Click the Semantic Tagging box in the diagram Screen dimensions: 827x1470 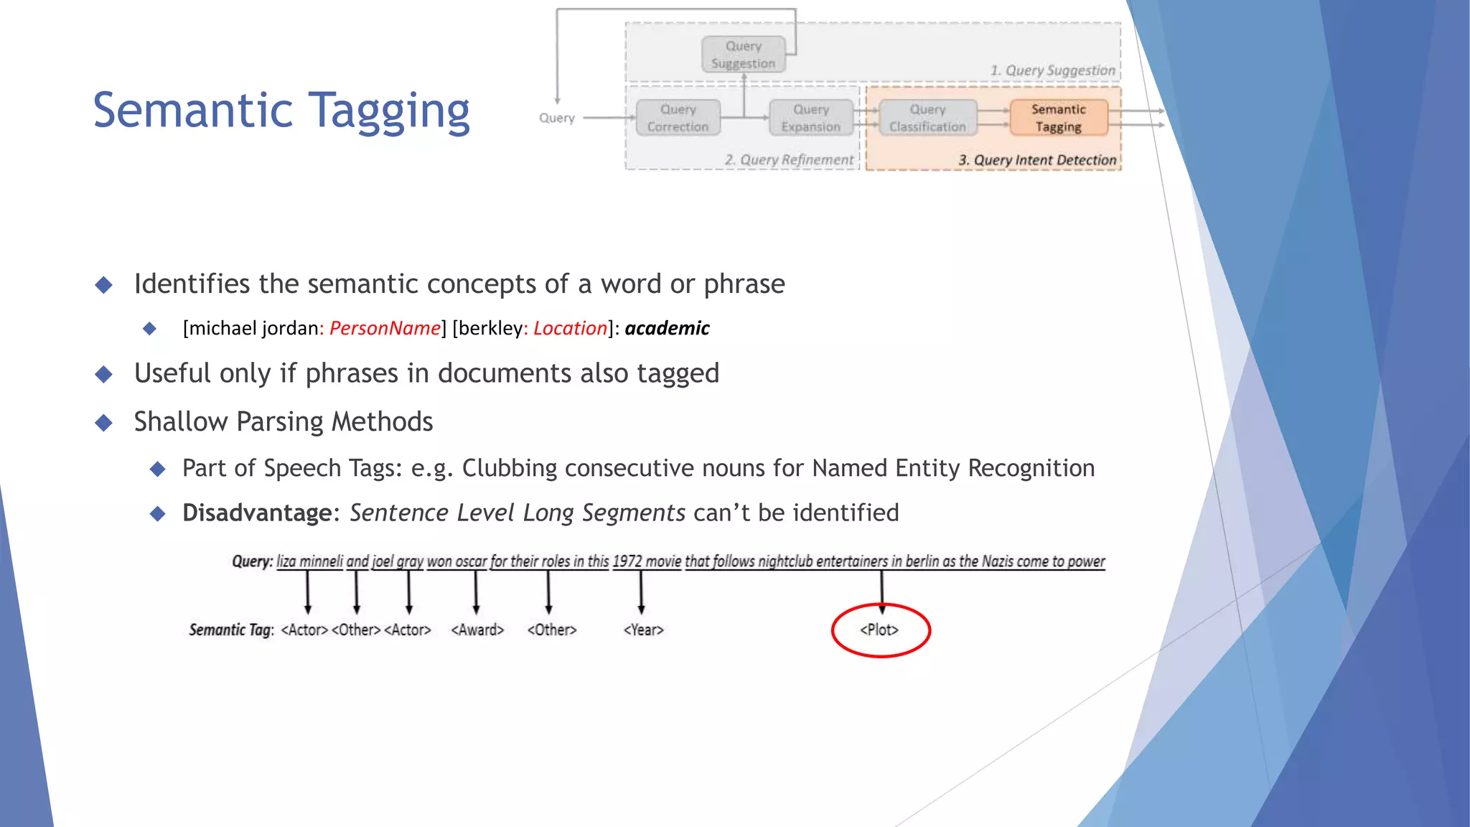click(x=1058, y=118)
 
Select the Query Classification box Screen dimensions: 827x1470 click(x=927, y=118)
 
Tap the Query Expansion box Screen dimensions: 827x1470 click(x=810, y=118)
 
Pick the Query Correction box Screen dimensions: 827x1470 click(x=678, y=118)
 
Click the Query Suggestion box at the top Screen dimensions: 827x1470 click(x=743, y=55)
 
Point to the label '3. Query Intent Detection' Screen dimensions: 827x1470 click(x=1036, y=160)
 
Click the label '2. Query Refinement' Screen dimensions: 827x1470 click(x=789, y=160)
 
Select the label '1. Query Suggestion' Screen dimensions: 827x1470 click(x=1052, y=70)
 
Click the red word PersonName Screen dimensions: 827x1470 click(x=385, y=329)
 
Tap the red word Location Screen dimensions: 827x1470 click(x=570, y=329)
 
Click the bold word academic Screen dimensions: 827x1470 click(x=667, y=329)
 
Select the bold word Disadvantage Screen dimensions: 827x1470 click(x=256, y=513)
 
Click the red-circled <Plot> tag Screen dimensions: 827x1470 click(x=880, y=630)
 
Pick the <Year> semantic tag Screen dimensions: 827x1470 click(x=643, y=630)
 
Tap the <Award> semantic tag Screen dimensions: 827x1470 click(x=477, y=630)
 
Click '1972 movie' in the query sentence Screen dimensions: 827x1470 click(x=646, y=561)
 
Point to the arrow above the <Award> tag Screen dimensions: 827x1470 click(x=476, y=592)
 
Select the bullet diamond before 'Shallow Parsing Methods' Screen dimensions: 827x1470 click(x=104, y=422)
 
